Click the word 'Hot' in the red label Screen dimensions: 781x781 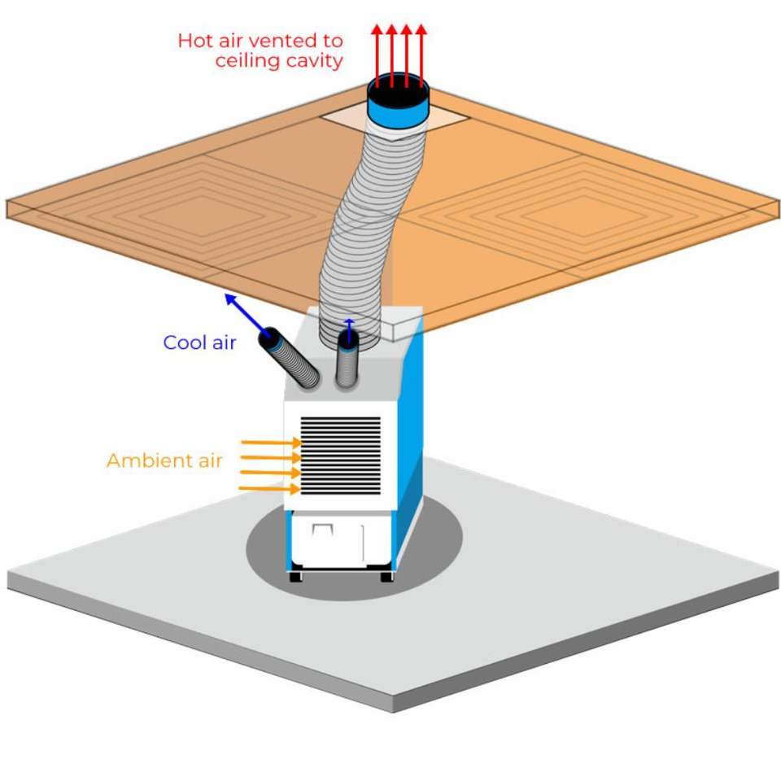pos(196,41)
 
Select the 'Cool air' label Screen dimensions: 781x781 pos(199,343)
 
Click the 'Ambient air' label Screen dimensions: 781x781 pos(164,460)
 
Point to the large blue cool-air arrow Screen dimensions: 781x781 pos(247,315)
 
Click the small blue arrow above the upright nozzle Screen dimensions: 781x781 pos(349,329)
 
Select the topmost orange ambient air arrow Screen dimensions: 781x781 pos(271,443)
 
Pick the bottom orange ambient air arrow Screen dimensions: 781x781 pos(270,489)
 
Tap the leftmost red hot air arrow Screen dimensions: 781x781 pos(377,55)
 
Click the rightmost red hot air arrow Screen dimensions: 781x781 pos(421,55)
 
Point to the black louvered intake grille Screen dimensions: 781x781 pos(341,456)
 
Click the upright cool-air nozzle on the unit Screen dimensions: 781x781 pos(347,360)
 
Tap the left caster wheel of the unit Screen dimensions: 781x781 pos(295,577)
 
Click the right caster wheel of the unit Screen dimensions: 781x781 pos(386,577)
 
